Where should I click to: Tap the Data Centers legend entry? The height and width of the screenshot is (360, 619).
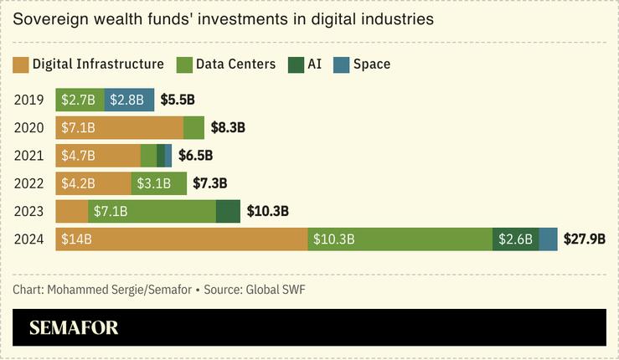pos(226,64)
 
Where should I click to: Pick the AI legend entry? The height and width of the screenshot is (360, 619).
pos(306,64)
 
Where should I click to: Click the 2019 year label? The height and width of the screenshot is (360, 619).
pos(28,100)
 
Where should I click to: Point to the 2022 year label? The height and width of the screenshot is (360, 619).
pos(28,183)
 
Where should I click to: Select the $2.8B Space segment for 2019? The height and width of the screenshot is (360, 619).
pos(129,100)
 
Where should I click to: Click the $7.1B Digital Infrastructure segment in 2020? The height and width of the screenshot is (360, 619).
pos(119,127)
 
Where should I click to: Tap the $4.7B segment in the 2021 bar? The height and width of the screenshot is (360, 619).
pos(98,156)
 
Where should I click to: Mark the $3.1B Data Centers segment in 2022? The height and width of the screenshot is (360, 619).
pos(158,183)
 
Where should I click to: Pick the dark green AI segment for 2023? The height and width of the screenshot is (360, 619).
pos(228,211)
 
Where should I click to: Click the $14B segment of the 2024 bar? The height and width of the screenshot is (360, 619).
pos(182,239)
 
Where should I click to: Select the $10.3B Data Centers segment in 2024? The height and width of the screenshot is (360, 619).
pos(400,239)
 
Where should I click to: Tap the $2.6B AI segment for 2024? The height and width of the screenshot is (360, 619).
pos(515,239)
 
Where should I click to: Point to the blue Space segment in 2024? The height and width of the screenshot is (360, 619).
pos(548,239)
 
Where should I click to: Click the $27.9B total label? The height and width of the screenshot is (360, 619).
pos(584,239)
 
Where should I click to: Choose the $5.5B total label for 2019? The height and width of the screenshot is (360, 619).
pos(178,100)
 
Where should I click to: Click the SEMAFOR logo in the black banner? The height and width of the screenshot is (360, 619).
pos(74,327)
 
